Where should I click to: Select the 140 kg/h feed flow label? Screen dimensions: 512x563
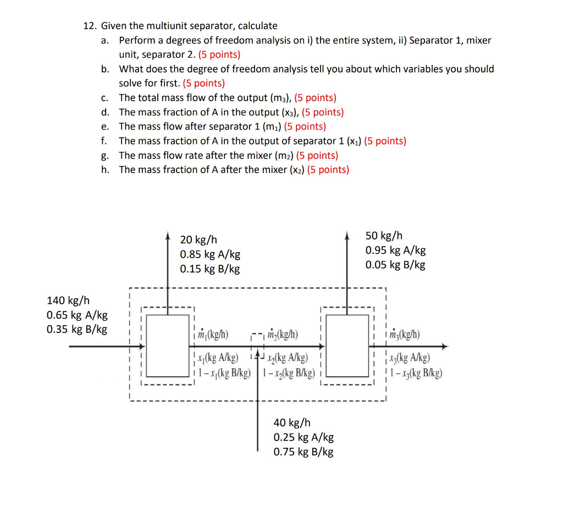click(68, 300)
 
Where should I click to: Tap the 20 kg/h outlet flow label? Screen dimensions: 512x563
click(198, 240)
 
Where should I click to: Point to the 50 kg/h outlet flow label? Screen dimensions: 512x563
click(384, 236)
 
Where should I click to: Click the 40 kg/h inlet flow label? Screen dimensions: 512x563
click(292, 422)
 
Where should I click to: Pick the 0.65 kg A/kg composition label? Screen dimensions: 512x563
click(77, 315)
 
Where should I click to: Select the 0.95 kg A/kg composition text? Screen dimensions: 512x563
click(395, 251)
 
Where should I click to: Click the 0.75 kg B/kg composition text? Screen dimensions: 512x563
click(303, 452)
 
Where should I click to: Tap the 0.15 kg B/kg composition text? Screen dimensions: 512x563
click(209, 269)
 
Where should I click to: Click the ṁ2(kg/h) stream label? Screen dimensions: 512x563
click(281, 335)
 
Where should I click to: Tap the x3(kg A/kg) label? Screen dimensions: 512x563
click(409, 359)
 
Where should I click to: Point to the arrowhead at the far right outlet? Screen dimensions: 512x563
click(445, 347)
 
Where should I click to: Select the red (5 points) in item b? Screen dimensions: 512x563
click(203, 84)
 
